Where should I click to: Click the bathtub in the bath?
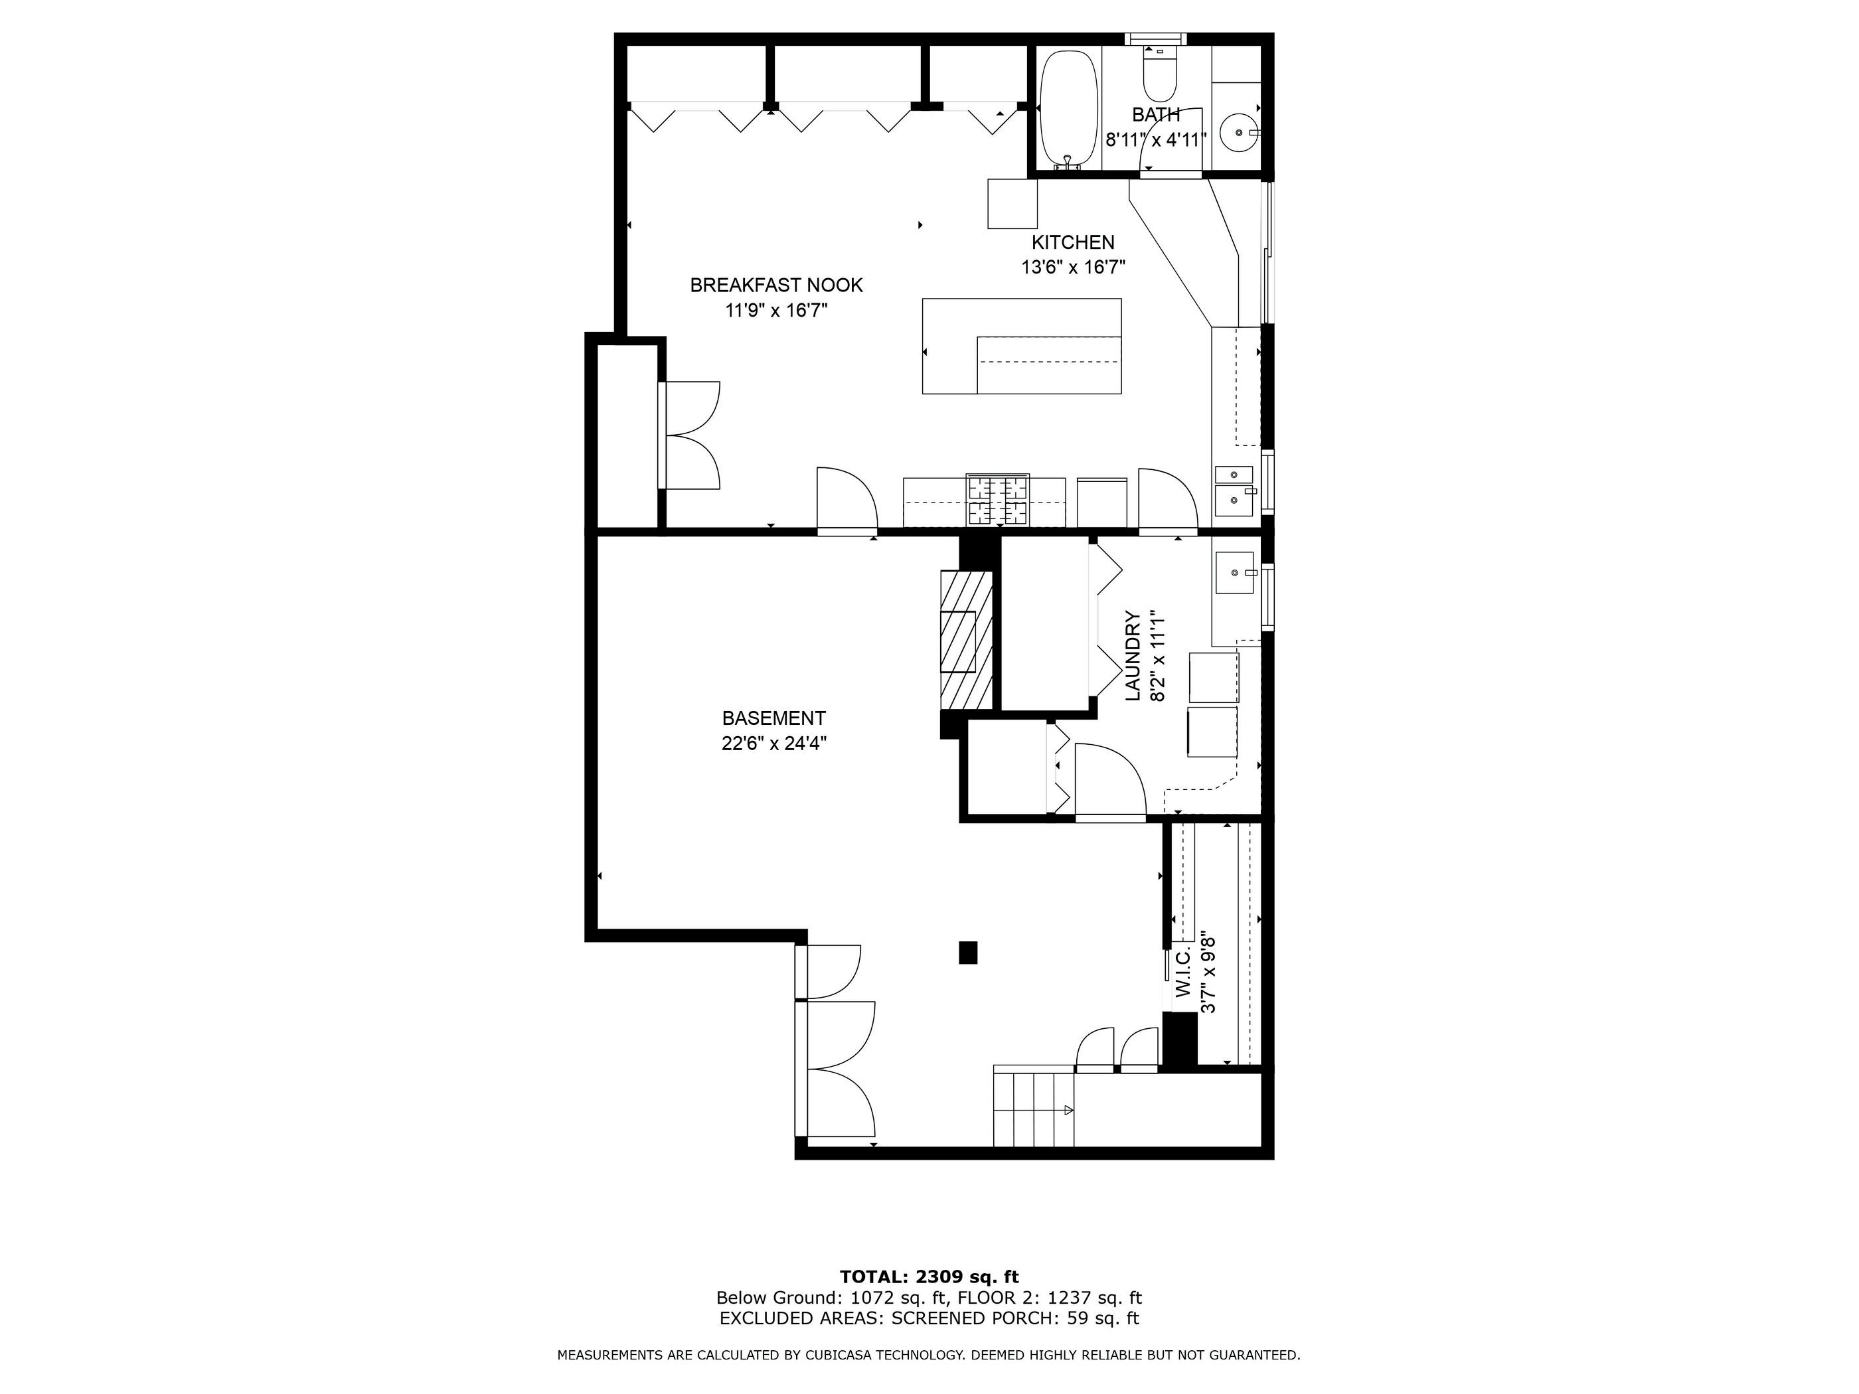coord(1069,110)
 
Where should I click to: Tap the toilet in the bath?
coord(1160,73)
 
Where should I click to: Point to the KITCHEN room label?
coord(1073,242)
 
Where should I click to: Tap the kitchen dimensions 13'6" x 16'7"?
coord(1073,268)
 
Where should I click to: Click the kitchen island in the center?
coord(1022,347)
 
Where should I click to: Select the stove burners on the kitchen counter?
coord(998,501)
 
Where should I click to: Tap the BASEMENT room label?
coord(774,718)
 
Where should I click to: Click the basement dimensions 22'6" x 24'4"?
coord(774,743)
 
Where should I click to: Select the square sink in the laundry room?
coord(1234,573)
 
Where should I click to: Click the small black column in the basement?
coord(968,952)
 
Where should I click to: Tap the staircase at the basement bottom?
coord(1034,1107)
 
